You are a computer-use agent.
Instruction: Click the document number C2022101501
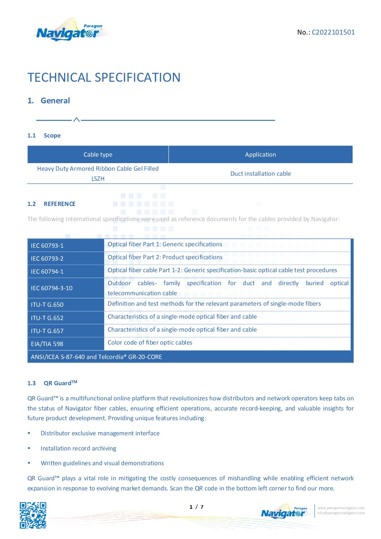[x=333, y=32]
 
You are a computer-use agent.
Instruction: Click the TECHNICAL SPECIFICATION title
[x=104, y=77]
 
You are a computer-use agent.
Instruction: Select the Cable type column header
[x=98, y=154]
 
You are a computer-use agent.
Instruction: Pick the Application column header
[x=260, y=154]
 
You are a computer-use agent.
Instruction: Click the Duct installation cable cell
[x=260, y=174]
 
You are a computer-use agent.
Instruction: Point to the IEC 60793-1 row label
[x=47, y=246]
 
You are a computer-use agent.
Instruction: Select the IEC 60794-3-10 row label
[x=51, y=288]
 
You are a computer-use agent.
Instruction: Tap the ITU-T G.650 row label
[x=47, y=305]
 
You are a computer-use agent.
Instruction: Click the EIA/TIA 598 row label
[x=47, y=344]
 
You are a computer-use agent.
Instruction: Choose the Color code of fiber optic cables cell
[x=150, y=342]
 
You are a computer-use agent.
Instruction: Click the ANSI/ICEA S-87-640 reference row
[x=96, y=357]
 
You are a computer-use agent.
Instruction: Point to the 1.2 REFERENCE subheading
[x=51, y=204]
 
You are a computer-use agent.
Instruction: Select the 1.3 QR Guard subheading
[x=52, y=383]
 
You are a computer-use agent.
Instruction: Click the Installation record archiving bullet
[x=78, y=448]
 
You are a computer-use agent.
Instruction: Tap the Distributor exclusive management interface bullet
[x=100, y=433]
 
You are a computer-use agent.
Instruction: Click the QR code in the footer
[x=33, y=515]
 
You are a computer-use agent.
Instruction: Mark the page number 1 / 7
[x=196, y=507]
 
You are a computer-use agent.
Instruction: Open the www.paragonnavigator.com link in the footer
[x=341, y=508]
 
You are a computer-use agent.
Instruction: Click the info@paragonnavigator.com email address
[x=341, y=513]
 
